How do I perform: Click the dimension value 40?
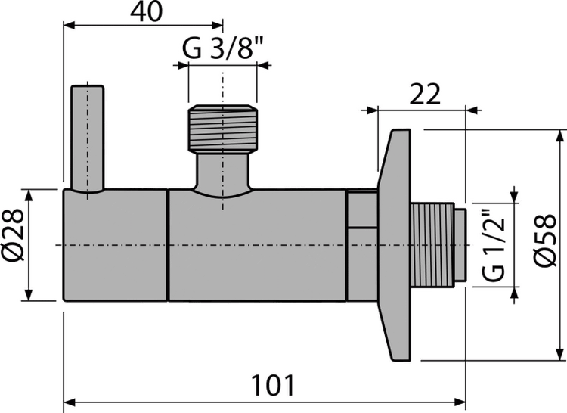(147, 12)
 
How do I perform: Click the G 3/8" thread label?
(222, 48)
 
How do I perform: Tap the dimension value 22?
(425, 94)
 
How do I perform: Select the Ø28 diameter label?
(14, 235)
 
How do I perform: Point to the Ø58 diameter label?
(545, 241)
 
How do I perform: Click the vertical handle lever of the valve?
(88, 138)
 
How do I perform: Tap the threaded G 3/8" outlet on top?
(223, 128)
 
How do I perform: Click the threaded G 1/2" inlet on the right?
(432, 245)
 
